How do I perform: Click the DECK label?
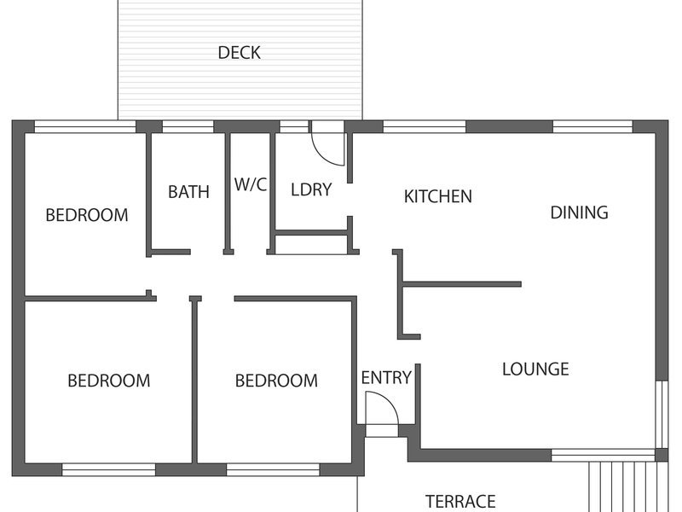(239, 53)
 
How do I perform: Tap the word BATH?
(188, 192)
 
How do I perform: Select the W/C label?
(251, 184)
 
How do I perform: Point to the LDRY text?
(311, 189)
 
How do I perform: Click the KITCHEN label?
(438, 197)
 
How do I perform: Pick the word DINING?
(579, 212)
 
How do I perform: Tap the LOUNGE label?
(535, 369)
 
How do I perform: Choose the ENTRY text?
(386, 377)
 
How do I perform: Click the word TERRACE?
(460, 502)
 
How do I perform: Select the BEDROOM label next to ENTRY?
(276, 381)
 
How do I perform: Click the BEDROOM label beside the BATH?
(87, 215)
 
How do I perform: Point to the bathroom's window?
(188, 126)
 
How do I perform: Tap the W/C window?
(294, 126)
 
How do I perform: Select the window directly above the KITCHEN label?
(424, 126)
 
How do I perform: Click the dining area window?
(592, 126)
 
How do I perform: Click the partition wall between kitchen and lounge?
(462, 284)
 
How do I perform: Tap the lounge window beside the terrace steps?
(604, 456)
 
